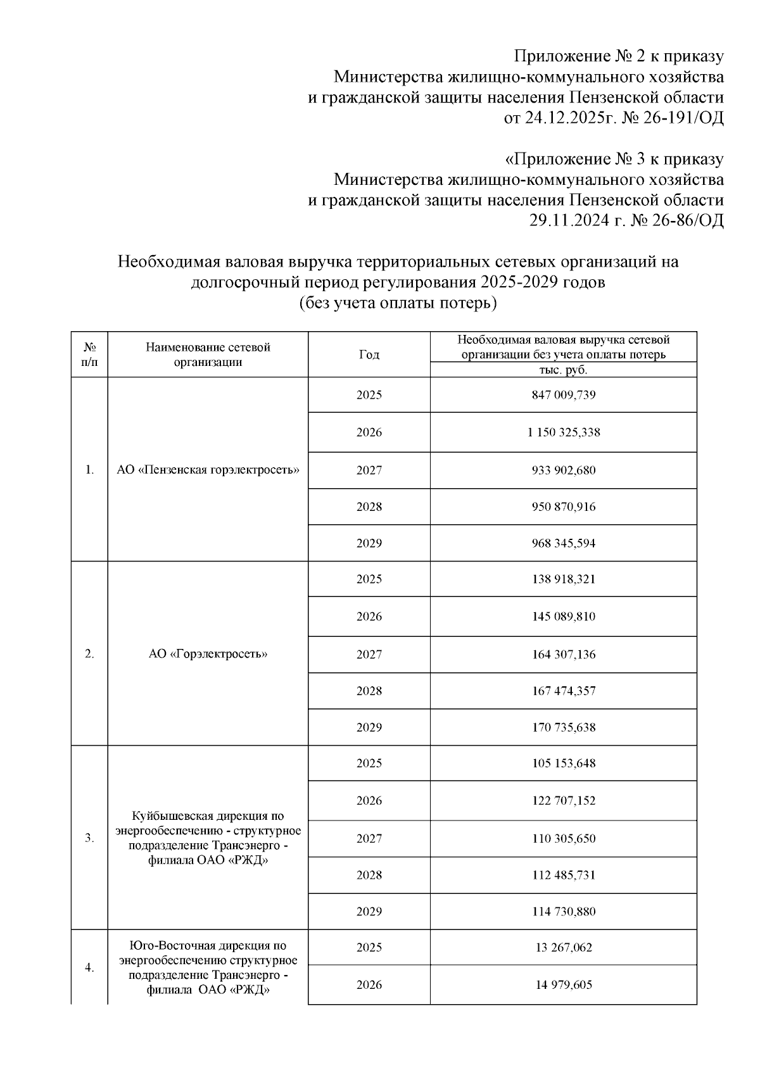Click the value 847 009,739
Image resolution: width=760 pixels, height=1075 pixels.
click(563, 395)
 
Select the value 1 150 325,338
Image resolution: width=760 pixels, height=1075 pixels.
click(563, 432)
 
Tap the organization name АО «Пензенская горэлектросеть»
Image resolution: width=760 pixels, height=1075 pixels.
click(208, 470)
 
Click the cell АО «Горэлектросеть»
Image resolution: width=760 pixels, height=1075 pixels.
click(208, 654)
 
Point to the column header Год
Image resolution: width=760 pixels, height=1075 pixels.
click(369, 355)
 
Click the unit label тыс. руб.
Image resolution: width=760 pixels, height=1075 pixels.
click(563, 370)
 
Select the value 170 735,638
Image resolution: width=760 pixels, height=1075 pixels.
click(563, 727)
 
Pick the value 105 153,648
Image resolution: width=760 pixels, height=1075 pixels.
click(563, 764)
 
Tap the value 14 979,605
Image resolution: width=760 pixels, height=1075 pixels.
click(563, 985)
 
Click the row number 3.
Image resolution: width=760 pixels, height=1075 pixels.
click(89, 838)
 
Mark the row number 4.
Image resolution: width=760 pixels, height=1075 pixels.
click(89, 967)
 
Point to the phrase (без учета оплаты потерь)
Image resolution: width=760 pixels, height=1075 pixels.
click(398, 303)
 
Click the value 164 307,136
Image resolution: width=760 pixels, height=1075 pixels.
click(563, 654)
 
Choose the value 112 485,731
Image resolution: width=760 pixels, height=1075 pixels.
click(563, 875)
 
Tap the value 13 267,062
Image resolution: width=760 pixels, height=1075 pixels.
click(563, 948)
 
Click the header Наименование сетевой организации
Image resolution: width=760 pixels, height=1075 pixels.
click(208, 355)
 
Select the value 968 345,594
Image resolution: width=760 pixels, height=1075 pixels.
click(563, 543)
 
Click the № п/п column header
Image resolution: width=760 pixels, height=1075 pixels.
click(89, 355)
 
